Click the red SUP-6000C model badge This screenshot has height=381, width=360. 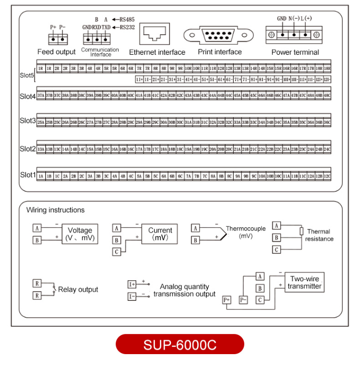pyautogui.click(x=180, y=345)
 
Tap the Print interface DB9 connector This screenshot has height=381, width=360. pyautogui.click(x=219, y=36)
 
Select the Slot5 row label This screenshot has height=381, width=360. pyautogui.click(x=27, y=75)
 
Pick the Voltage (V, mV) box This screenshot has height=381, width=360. pyautogui.click(x=80, y=234)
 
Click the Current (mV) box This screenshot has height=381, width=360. pyautogui.click(x=160, y=234)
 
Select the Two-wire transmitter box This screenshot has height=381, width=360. pyautogui.click(x=304, y=283)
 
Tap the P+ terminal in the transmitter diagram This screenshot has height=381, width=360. pyautogui.click(x=227, y=300)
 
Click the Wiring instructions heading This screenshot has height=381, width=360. pyautogui.click(x=55, y=210)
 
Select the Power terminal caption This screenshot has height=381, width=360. pyautogui.click(x=295, y=52)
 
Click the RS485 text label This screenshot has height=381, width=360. pyautogui.click(x=127, y=19)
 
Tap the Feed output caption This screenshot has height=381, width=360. pyautogui.click(x=57, y=52)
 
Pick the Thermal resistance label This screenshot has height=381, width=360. pyautogui.click(x=320, y=235)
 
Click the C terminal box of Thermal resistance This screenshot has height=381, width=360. pyautogui.click(x=276, y=249)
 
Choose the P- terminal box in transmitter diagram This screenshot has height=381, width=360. pyautogui.click(x=243, y=300)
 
